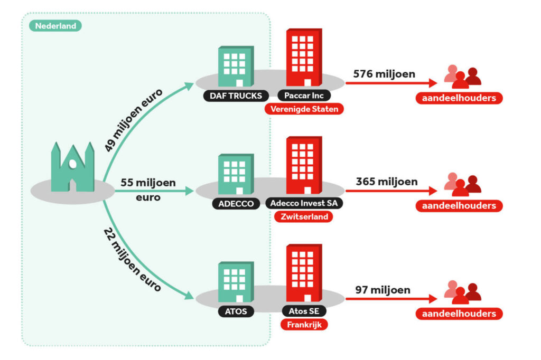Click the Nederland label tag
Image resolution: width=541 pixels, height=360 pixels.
pos(55,26)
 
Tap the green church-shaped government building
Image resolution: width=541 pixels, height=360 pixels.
pos(72,166)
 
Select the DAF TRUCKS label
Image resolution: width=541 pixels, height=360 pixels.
pos(235,96)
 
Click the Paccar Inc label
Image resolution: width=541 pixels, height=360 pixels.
pos(304,96)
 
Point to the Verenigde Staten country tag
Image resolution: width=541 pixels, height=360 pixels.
pos(304,109)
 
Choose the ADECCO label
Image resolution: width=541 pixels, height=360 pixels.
pos(235,203)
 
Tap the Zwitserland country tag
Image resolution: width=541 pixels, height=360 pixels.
pos(304,216)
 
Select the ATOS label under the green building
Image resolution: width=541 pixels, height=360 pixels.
pos(236,311)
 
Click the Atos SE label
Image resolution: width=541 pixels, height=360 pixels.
pos(303,311)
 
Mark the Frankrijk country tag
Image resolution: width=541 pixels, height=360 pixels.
pos(303,325)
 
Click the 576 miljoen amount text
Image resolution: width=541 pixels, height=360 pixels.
pos(384,74)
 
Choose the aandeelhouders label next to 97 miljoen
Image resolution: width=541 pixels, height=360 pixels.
pos(459,314)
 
